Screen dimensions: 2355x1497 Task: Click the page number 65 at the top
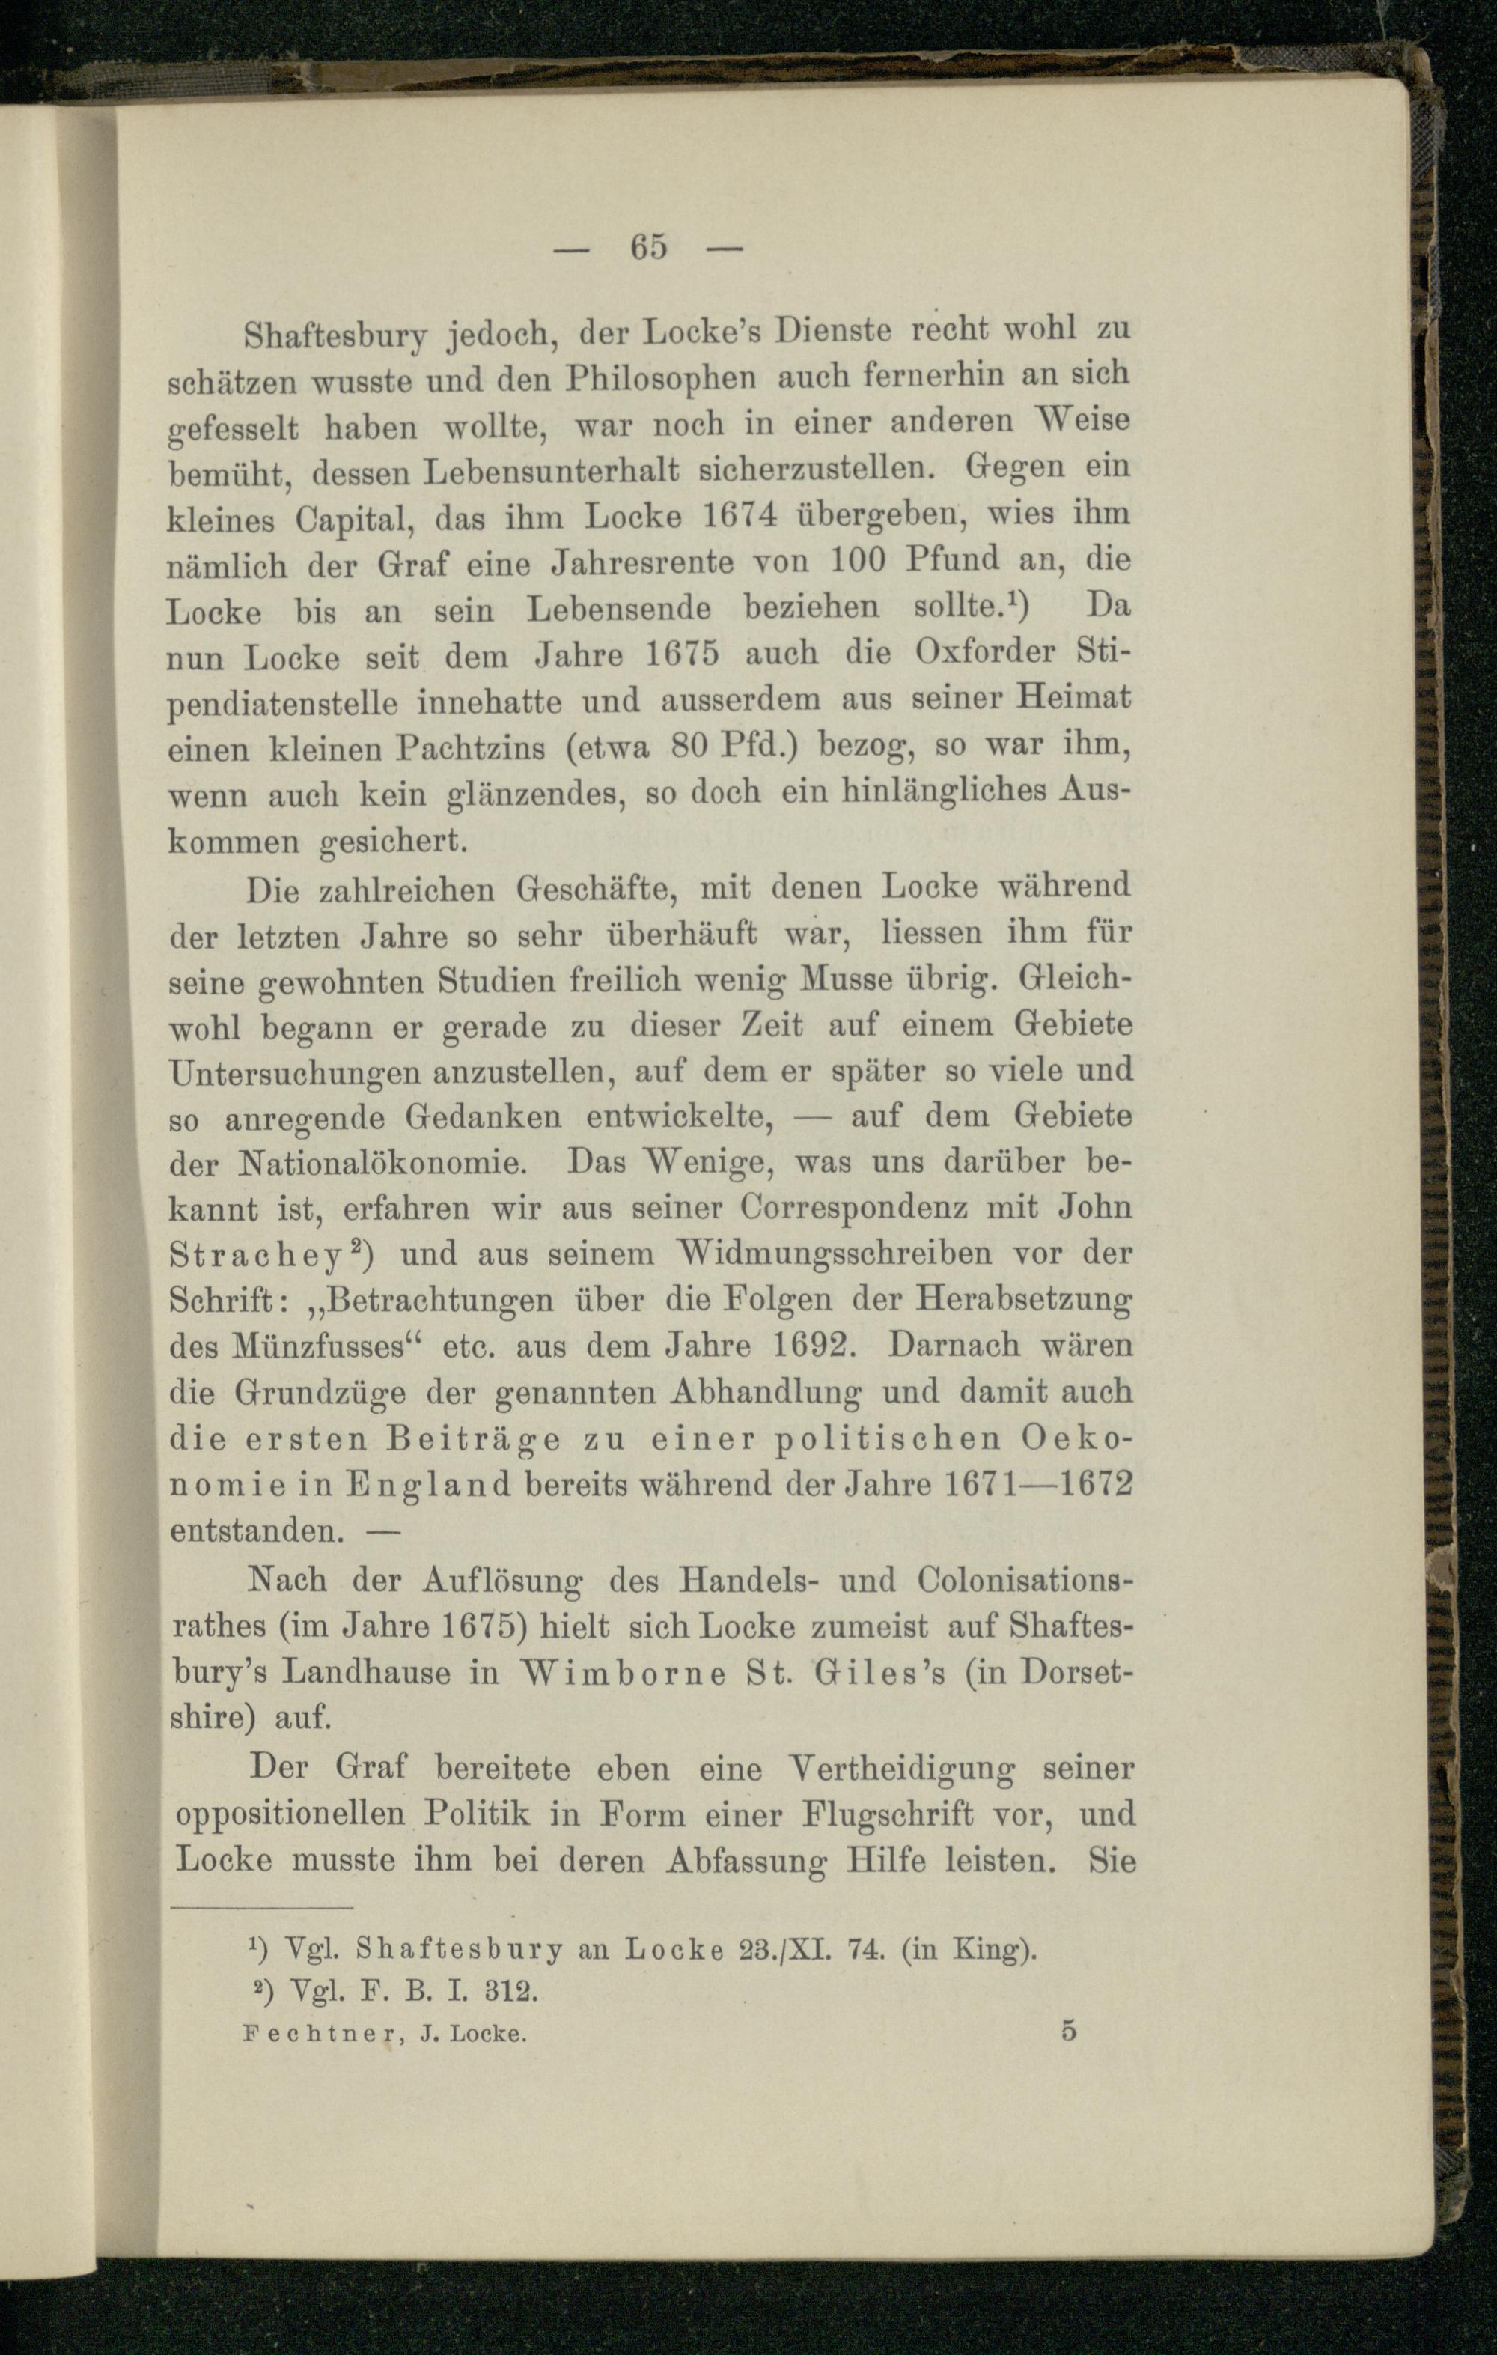click(648, 246)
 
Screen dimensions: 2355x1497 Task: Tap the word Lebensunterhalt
click(552, 470)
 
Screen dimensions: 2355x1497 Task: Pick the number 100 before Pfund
click(858, 560)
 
